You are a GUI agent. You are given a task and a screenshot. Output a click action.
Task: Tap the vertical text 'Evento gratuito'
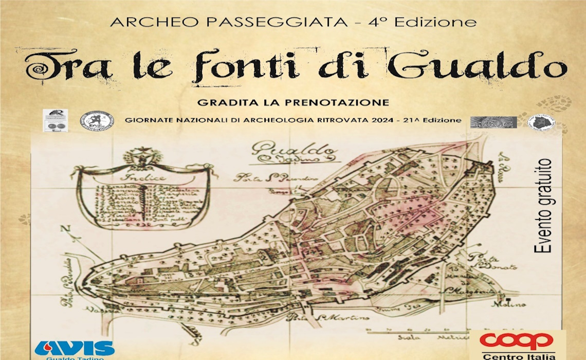coord(543,206)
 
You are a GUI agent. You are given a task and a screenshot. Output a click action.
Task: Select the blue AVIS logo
coord(75,348)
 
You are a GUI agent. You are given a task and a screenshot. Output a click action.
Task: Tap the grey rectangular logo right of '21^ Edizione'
coord(493,122)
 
